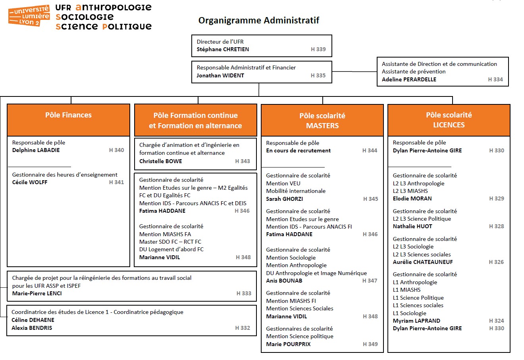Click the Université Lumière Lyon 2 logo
click(29, 16)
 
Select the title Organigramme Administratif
click(258, 20)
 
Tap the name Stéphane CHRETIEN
click(223, 50)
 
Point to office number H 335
click(318, 75)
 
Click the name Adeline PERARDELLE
click(409, 79)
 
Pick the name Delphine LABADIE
click(36, 150)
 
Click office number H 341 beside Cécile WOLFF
click(116, 182)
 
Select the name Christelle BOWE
click(160, 161)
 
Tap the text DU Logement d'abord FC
click(171, 249)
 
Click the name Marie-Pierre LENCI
click(37, 293)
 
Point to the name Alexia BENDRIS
click(32, 328)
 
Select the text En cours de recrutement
click(298, 150)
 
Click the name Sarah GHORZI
click(284, 199)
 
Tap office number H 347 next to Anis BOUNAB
click(370, 281)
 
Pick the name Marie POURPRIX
click(288, 344)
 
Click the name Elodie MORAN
click(412, 198)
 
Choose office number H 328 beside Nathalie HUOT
click(496, 226)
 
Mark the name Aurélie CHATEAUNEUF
click(422, 262)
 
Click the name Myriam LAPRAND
click(416, 321)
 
